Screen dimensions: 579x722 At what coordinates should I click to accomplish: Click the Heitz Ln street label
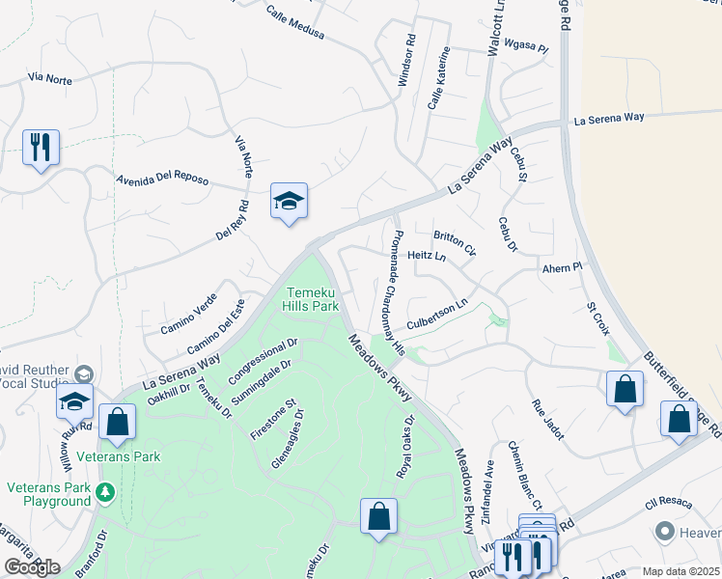pyautogui.click(x=427, y=256)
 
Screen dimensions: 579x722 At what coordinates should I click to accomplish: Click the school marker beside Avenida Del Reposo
pyautogui.click(x=288, y=202)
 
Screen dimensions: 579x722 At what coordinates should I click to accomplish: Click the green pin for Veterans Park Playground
pyautogui.click(x=105, y=495)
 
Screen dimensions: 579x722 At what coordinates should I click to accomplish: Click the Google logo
pyautogui.click(x=32, y=567)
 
